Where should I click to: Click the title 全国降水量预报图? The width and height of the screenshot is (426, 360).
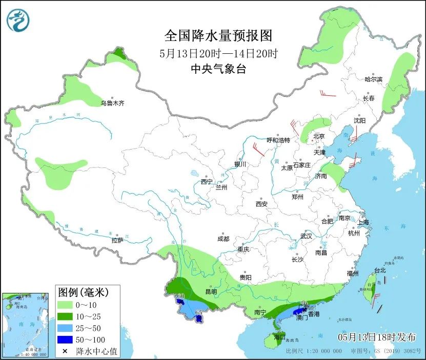point(218,35)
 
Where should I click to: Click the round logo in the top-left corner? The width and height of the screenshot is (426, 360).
point(18,20)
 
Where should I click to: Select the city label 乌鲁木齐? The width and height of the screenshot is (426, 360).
point(112,103)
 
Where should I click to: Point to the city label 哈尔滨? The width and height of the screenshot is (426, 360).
point(373,79)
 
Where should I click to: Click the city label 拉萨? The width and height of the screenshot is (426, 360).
point(117,240)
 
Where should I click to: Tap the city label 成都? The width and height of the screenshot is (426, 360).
point(223,239)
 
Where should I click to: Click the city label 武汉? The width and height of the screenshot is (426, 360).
point(306,236)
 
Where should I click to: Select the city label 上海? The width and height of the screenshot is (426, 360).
point(363,222)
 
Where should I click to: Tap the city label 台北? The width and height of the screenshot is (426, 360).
point(379,270)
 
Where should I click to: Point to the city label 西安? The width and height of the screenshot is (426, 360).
point(261,204)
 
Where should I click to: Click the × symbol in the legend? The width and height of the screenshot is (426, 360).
point(65,351)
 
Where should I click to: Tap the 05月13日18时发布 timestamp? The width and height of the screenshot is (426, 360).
point(377,336)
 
